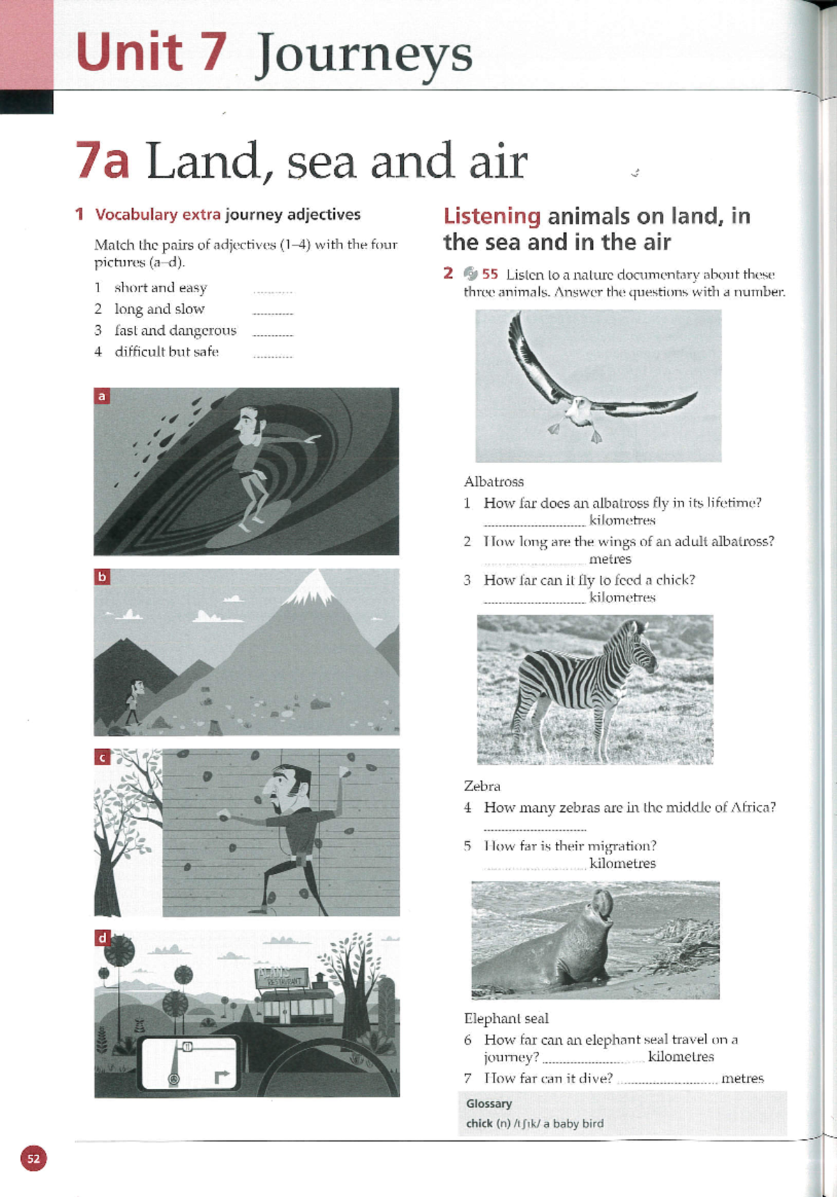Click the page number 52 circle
click(x=33, y=1159)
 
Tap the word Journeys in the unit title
click(x=363, y=56)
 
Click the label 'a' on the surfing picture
click(x=102, y=396)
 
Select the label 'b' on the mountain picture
click(x=102, y=577)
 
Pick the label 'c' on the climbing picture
click(x=103, y=758)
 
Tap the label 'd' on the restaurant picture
click(x=103, y=938)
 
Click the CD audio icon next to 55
click(x=471, y=274)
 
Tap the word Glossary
click(x=489, y=1104)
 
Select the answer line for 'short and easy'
click(x=273, y=291)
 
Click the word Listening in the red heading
click(x=492, y=216)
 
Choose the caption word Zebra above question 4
click(x=482, y=786)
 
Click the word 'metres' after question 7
click(x=742, y=1078)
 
